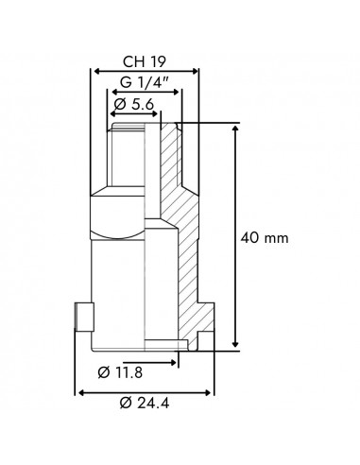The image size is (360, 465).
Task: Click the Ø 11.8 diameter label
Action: click(x=124, y=371)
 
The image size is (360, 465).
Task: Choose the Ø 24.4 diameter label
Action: click(x=146, y=403)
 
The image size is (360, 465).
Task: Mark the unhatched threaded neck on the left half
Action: click(x=128, y=156)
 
